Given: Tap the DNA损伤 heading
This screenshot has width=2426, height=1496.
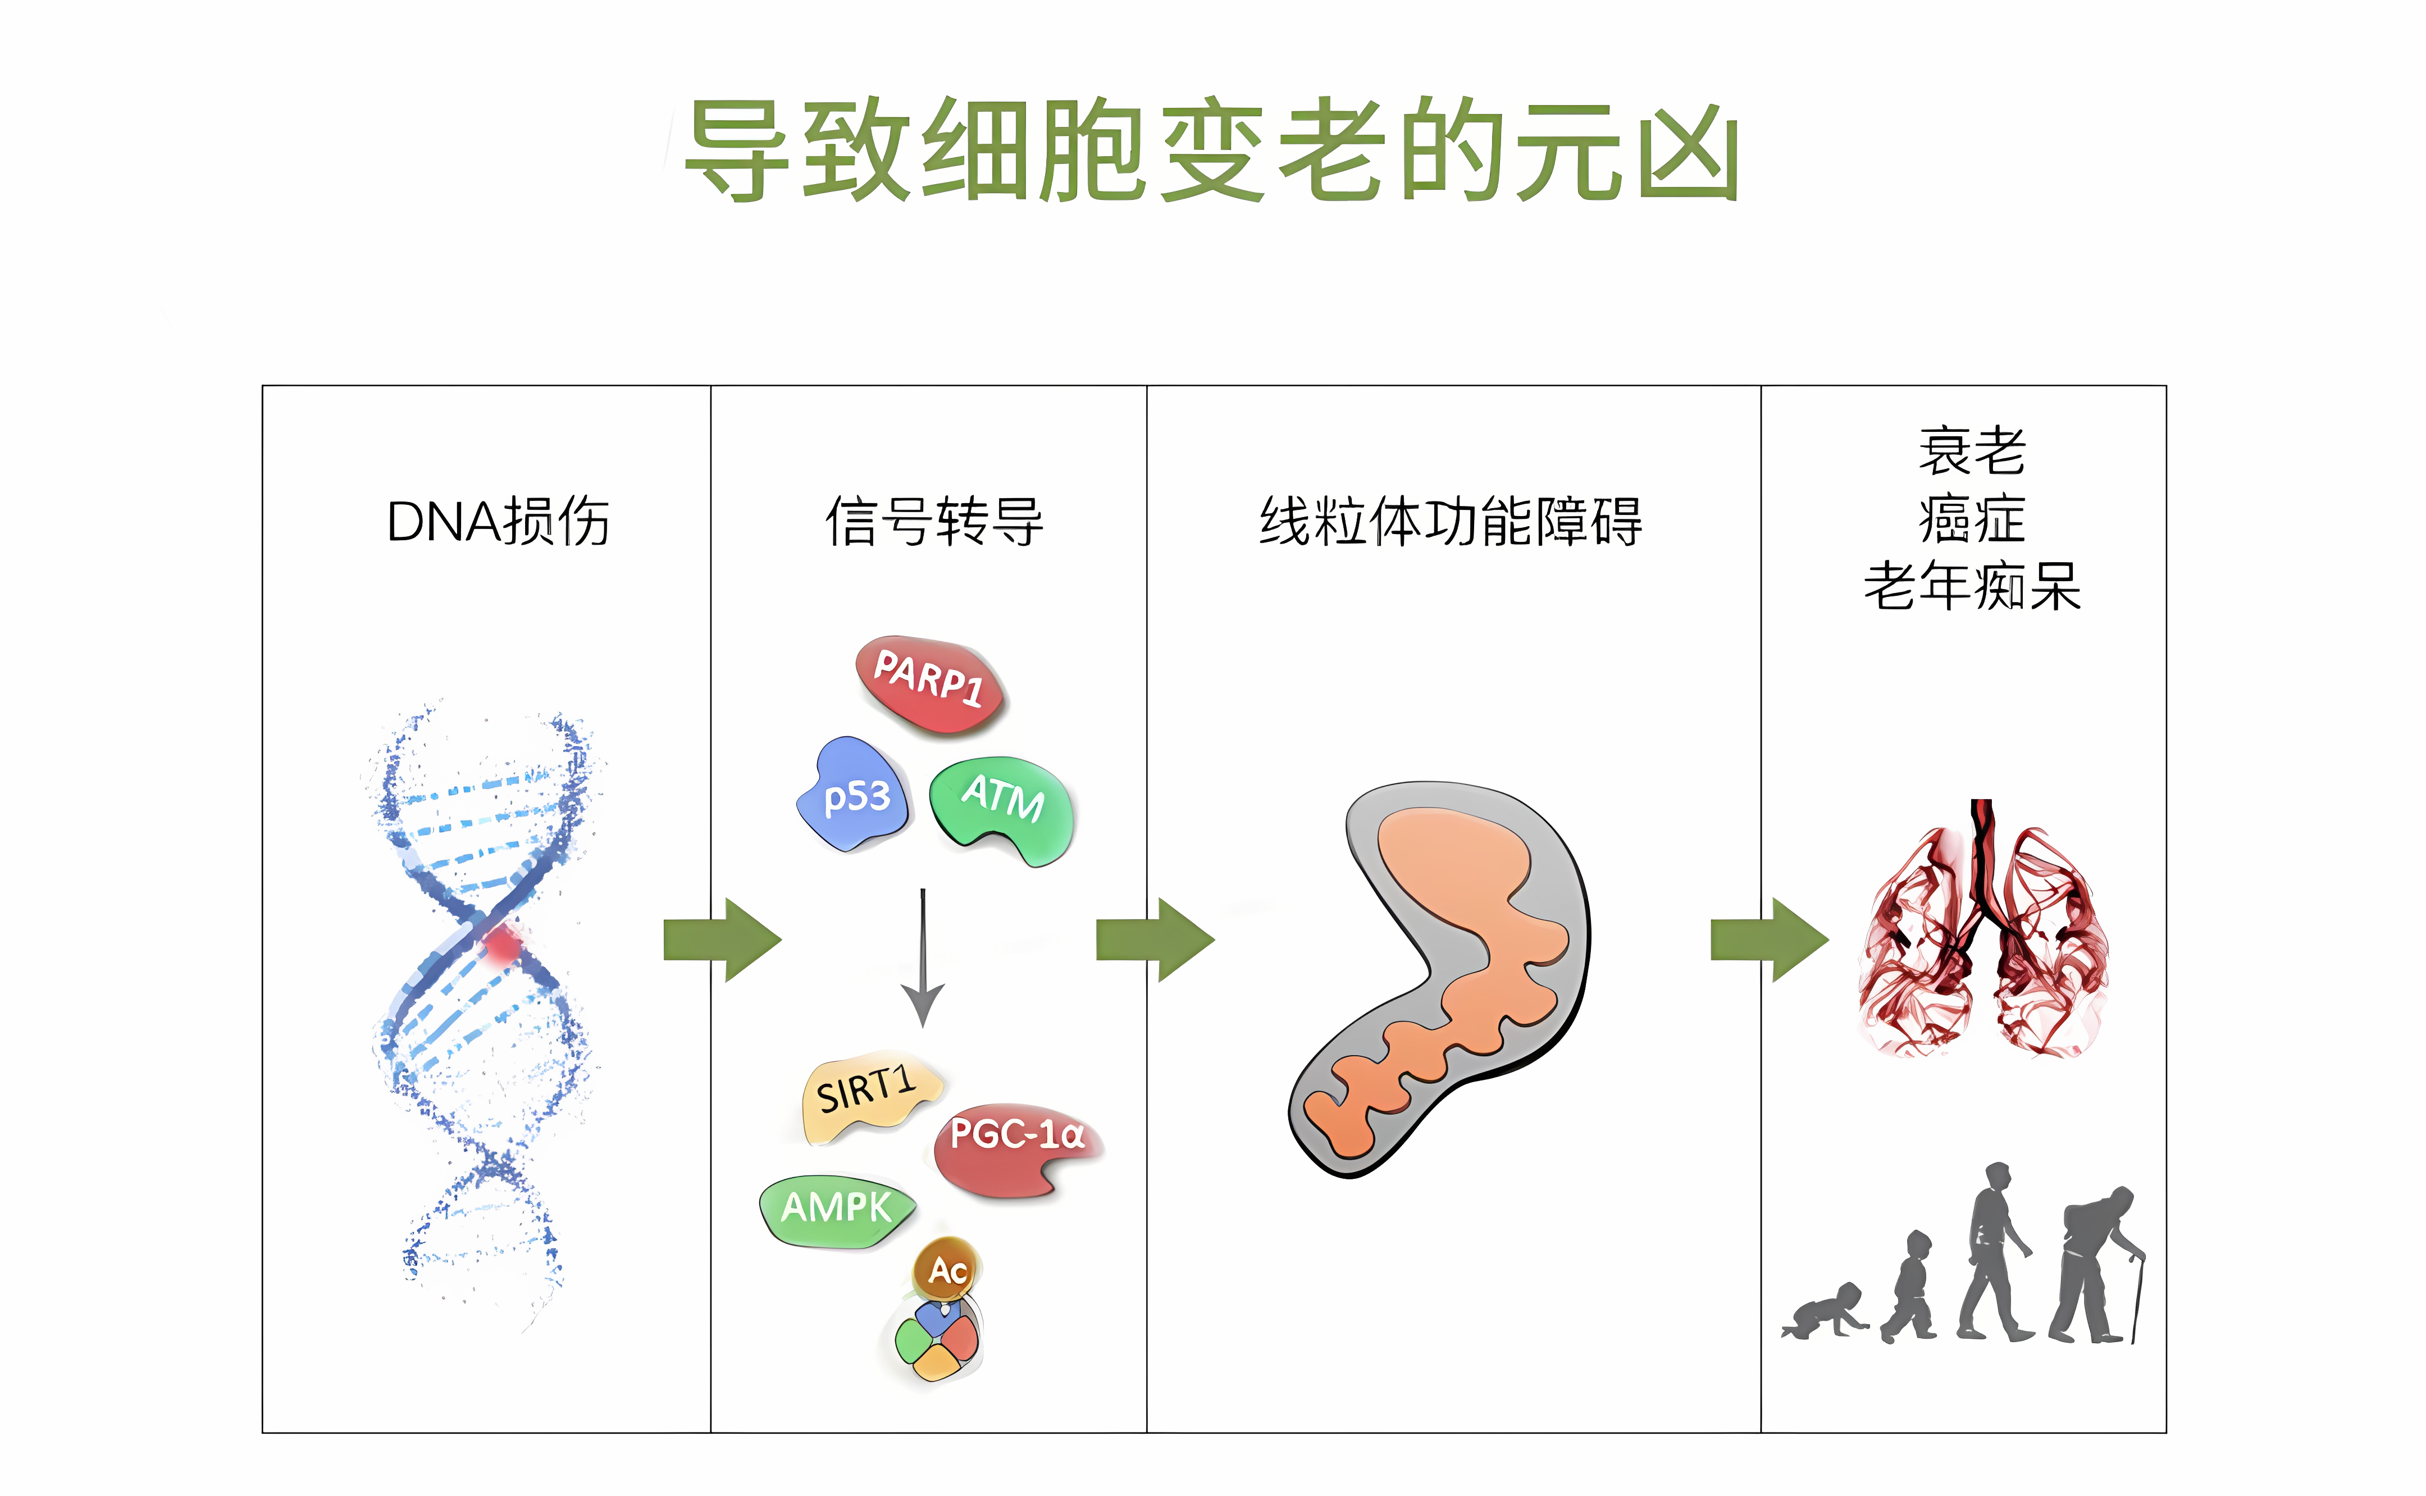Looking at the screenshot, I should tap(498, 522).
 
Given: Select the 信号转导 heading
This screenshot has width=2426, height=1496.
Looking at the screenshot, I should tap(934, 522).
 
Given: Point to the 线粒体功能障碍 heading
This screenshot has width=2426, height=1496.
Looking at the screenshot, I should tap(1451, 522).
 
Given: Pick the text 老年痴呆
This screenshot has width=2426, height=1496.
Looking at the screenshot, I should tap(1972, 586).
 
